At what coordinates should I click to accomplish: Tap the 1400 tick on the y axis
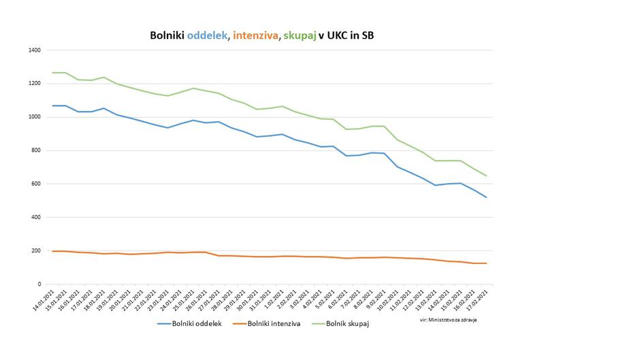pyautogui.click(x=34, y=50)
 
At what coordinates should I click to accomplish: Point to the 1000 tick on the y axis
pyautogui.click(x=34, y=117)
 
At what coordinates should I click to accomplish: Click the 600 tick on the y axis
pyautogui.click(x=35, y=184)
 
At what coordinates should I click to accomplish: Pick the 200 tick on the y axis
pyautogui.click(x=35, y=250)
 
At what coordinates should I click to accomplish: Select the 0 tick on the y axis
pyautogui.click(x=39, y=284)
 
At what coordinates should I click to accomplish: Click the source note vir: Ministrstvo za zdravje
pyautogui.click(x=448, y=320)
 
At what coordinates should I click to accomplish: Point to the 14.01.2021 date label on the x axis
pyautogui.click(x=48, y=299)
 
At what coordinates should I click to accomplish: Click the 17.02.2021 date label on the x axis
pyautogui.click(x=481, y=299)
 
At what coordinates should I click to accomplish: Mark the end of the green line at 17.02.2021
pyautogui.click(x=486, y=176)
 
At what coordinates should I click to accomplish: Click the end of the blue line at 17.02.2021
pyautogui.click(x=486, y=197)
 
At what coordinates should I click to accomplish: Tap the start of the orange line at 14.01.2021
pyautogui.click(x=53, y=251)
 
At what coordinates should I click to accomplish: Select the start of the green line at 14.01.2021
pyautogui.click(x=53, y=73)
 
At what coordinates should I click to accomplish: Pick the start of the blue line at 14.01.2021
pyautogui.click(x=53, y=105)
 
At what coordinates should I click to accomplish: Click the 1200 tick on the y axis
pyautogui.click(x=34, y=84)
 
